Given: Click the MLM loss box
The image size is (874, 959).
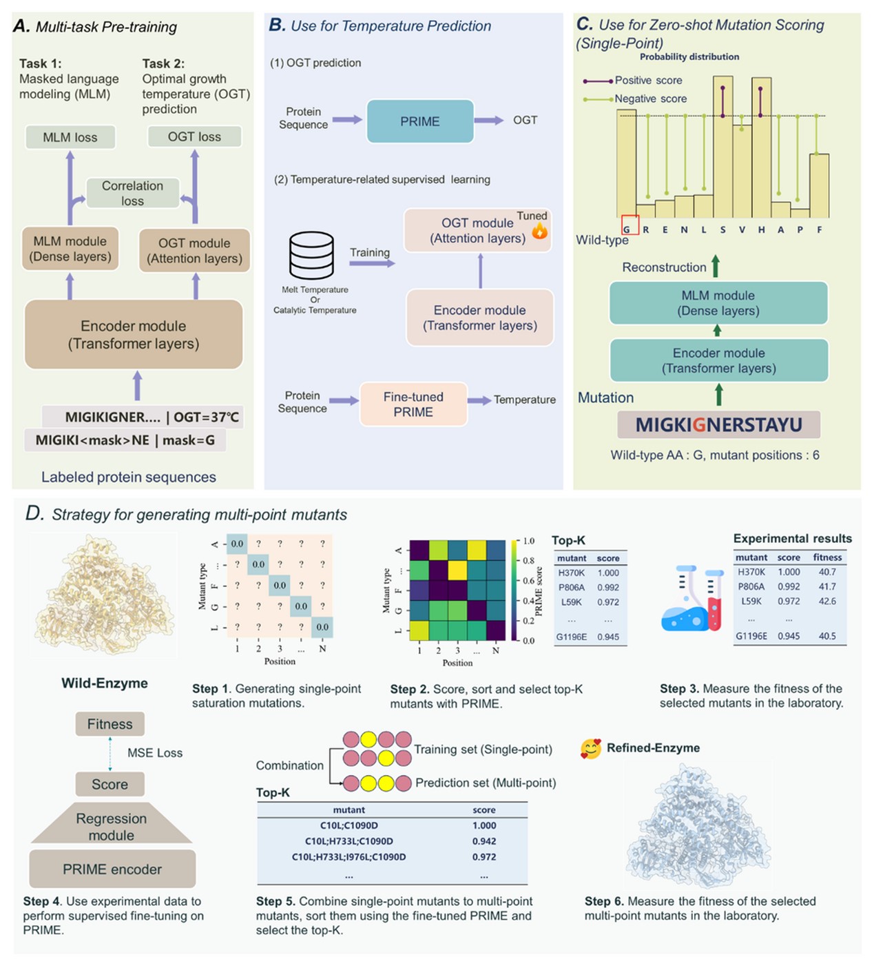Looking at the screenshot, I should (70, 137).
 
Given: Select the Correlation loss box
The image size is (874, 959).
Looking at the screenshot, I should (132, 193).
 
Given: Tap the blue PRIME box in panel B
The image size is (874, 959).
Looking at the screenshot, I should (419, 121).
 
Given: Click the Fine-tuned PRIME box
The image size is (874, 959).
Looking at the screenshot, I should (413, 404).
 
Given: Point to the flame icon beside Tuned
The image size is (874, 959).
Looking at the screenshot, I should (539, 230).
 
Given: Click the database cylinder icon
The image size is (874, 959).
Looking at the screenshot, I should (311, 255).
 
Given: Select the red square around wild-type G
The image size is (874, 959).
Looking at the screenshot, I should (630, 226).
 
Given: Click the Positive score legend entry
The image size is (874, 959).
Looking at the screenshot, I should (647, 81).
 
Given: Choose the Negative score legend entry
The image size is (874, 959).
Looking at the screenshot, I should (649, 99).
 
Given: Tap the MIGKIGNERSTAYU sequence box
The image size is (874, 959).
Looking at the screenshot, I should (718, 424).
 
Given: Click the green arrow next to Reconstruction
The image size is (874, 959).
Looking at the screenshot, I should (716, 266).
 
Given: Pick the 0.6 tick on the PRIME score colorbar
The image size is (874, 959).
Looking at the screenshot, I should (528, 581).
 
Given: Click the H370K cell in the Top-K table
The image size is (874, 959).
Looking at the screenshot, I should (572, 573).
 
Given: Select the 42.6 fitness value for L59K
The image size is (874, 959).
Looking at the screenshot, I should (827, 601).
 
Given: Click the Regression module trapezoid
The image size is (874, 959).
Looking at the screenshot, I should (112, 825).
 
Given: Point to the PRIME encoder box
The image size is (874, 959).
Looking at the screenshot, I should (112, 869).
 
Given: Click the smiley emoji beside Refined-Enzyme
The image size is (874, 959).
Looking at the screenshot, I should (590, 749).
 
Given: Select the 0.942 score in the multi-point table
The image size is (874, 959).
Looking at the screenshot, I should (484, 841).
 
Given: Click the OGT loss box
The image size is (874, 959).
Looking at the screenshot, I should (194, 136).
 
